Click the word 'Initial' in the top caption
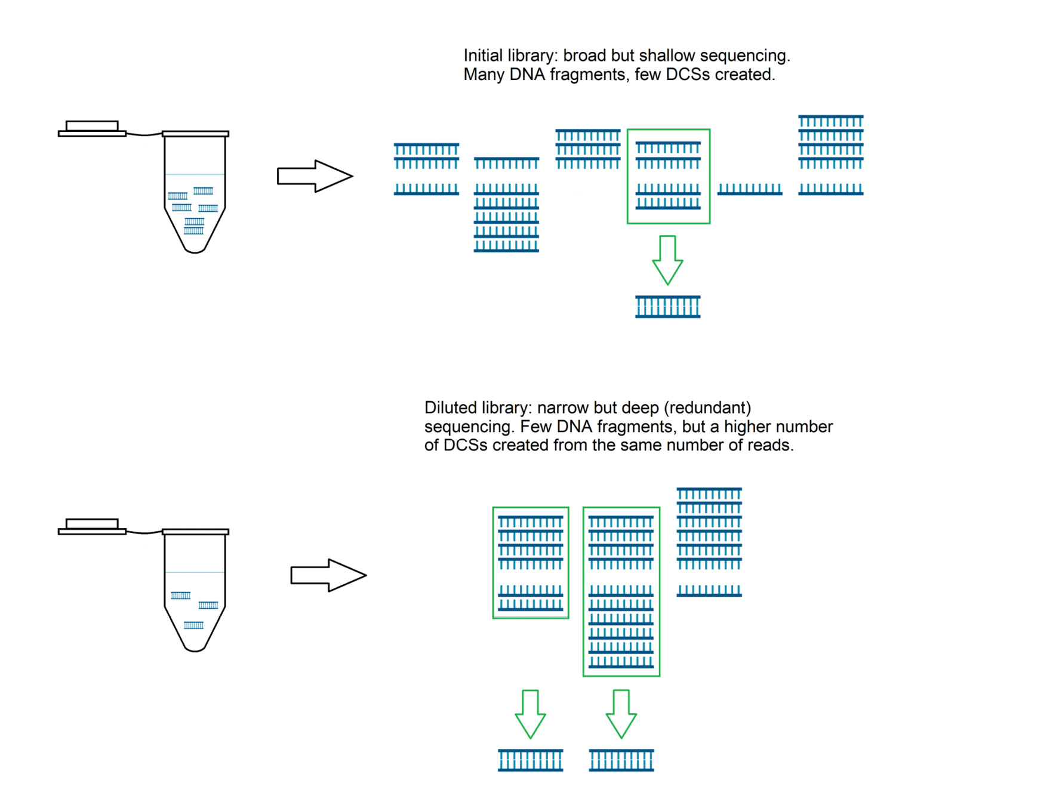[483, 55]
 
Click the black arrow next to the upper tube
[315, 176]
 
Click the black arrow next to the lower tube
[328, 575]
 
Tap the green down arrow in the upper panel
[667, 260]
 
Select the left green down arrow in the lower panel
[530, 714]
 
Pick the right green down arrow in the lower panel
[621, 714]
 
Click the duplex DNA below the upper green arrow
[667, 307]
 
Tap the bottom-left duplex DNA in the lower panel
[530, 760]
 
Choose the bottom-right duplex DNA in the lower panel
[621, 760]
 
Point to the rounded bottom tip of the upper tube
[195, 249]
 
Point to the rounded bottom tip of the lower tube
[195, 647]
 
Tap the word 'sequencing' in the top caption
[744, 55]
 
